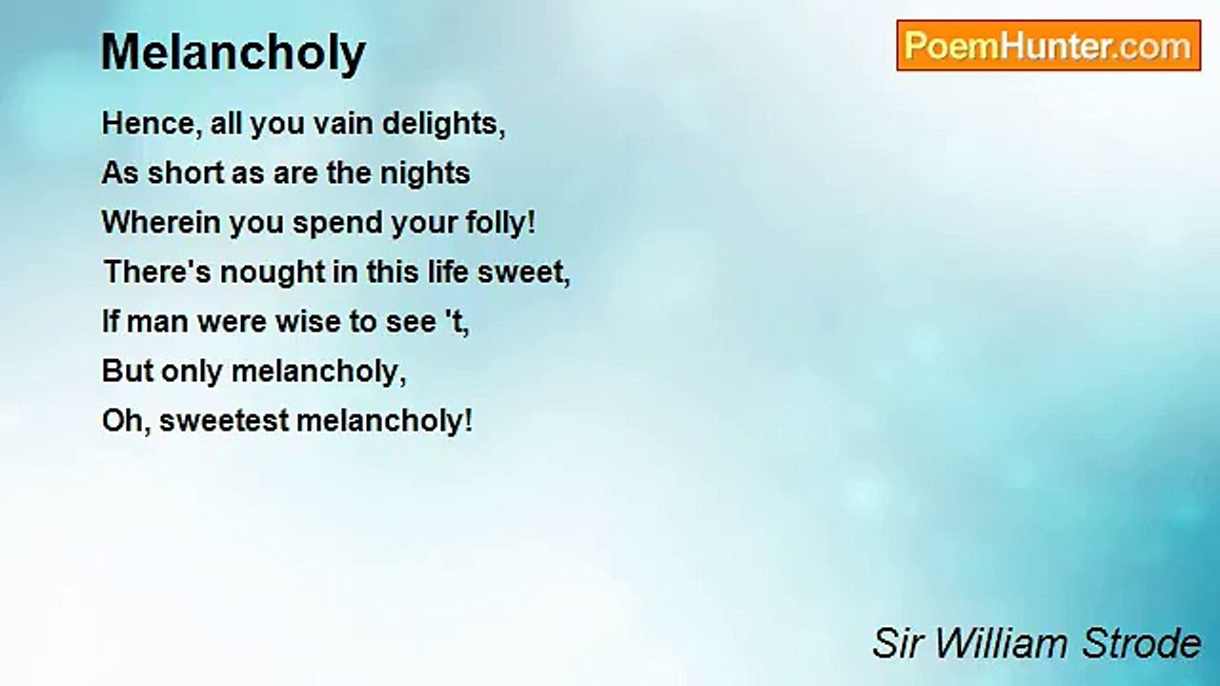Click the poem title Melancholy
coord(234,53)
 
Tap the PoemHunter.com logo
coord(1048,46)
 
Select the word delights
coord(443,125)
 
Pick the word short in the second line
coord(186,173)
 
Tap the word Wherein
coord(161,223)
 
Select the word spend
coord(337,224)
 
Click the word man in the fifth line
coord(157,322)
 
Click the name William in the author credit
coord(1000,643)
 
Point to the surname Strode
coord(1142,643)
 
